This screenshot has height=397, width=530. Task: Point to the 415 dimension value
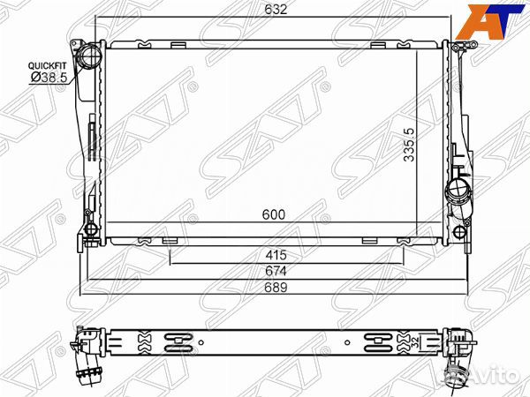tap(275, 256)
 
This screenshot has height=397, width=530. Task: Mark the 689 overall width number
tap(275, 288)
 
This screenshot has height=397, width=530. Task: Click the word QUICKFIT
tap(45, 66)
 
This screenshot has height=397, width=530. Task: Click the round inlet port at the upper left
tap(90, 58)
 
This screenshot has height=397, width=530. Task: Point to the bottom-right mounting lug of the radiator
tap(460, 232)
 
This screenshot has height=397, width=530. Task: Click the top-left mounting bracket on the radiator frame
tap(75, 43)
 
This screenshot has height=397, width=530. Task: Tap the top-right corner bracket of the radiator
tap(462, 48)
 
